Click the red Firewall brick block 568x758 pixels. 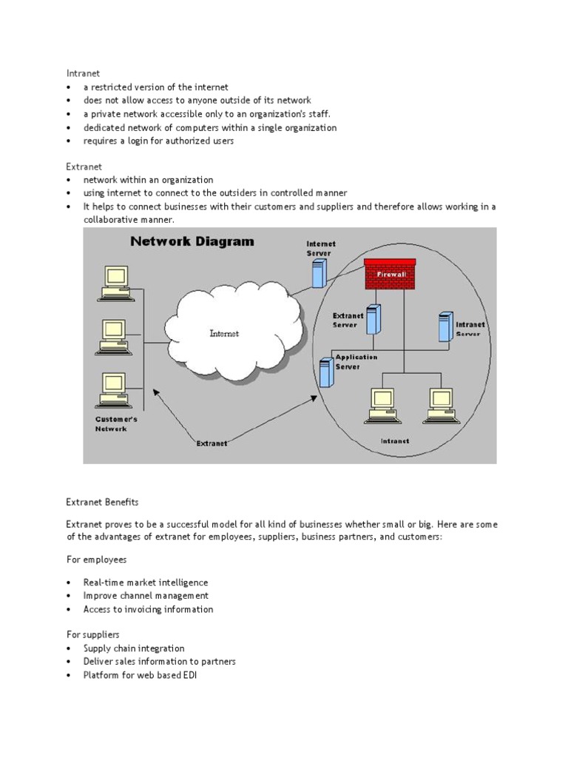(390, 274)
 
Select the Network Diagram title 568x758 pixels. (192, 241)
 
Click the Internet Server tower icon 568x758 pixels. (319, 272)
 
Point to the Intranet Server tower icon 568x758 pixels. (445, 326)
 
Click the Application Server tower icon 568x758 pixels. (326, 372)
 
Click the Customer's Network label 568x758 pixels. (116, 423)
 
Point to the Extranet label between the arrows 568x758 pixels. (212, 443)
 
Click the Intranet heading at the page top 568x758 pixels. (83, 73)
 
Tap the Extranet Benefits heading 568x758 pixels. (102, 502)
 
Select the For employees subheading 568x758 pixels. (96, 560)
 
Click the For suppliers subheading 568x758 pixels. (92, 634)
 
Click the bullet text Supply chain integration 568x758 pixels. (133, 648)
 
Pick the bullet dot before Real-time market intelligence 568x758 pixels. (69, 583)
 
